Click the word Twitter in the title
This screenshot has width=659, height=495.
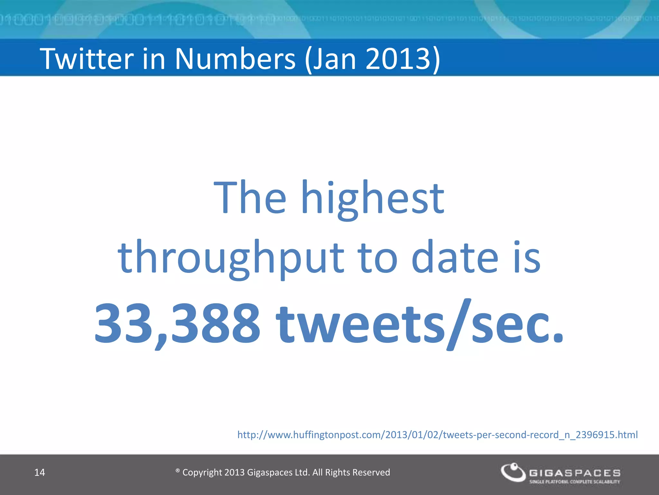click(x=87, y=59)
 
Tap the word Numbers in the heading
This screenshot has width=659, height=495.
click(x=235, y=59)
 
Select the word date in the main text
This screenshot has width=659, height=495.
click(x=455, y=257)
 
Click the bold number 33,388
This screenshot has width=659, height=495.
click(x=177, y=324)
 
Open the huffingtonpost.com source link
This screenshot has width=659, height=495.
click(x=437, y=435)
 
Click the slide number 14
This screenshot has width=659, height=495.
click(x=40, y=472)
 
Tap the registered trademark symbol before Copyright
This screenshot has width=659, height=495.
click(x=178, y=471)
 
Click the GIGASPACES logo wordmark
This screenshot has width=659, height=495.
click(x=575, y=473)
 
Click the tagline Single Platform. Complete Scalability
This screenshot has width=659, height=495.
click(x=575, y=482)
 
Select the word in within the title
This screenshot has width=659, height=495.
click(x=153, y=59)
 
